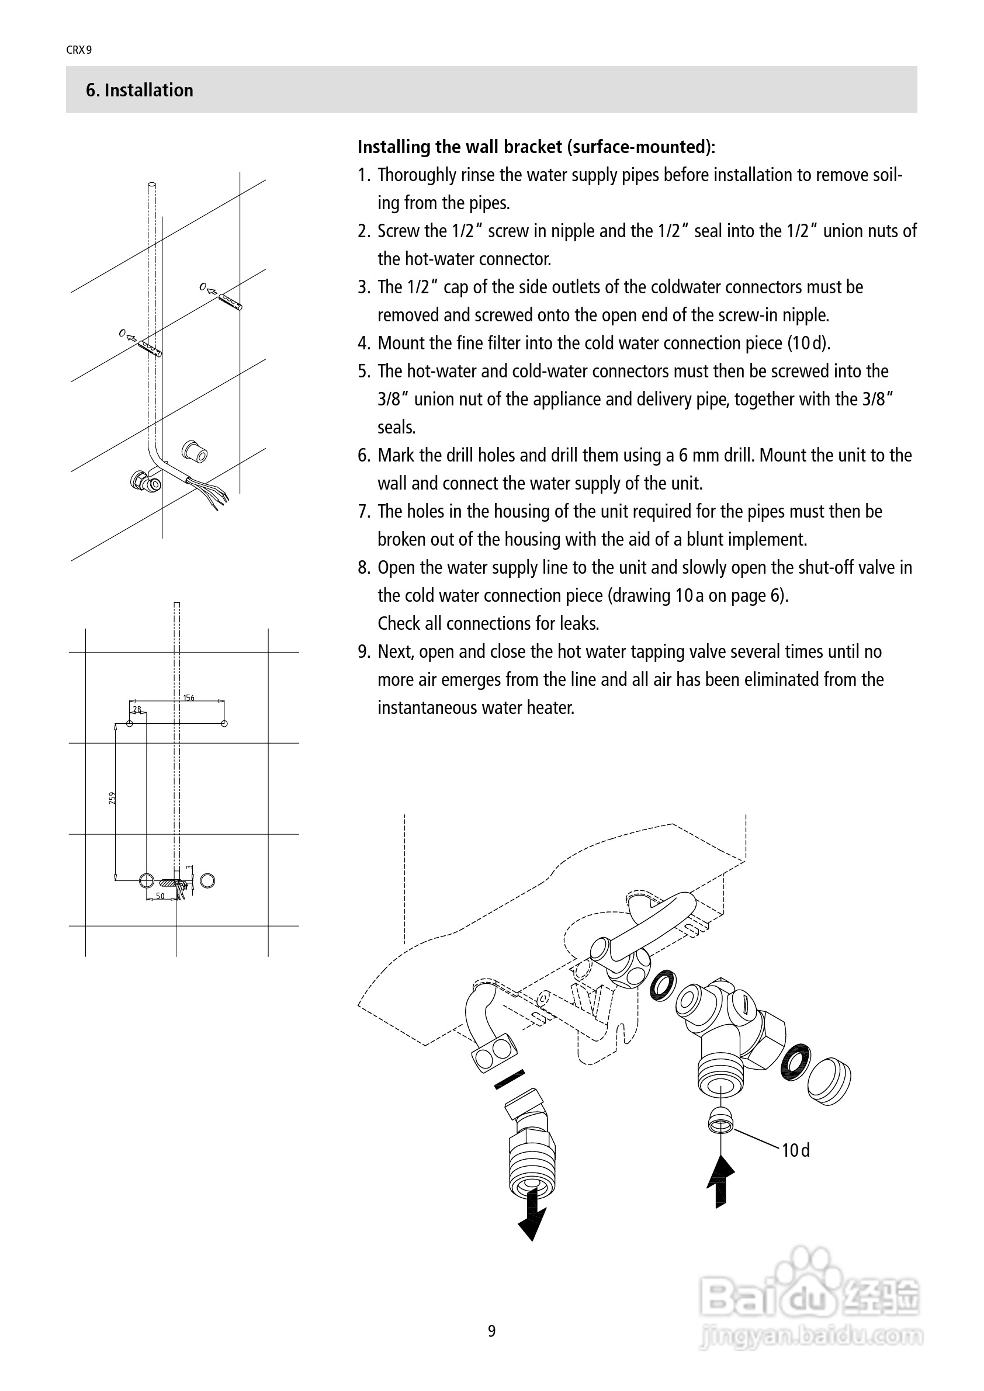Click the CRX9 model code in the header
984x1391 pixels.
[79, 50]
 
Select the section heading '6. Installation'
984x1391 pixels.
[139, 91]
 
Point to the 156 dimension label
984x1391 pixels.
[188, 698]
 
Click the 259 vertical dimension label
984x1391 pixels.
[112, 798]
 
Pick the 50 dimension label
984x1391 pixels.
[160, 896]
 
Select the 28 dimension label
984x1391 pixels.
[137, 709]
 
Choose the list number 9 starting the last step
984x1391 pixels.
[363, 652]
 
